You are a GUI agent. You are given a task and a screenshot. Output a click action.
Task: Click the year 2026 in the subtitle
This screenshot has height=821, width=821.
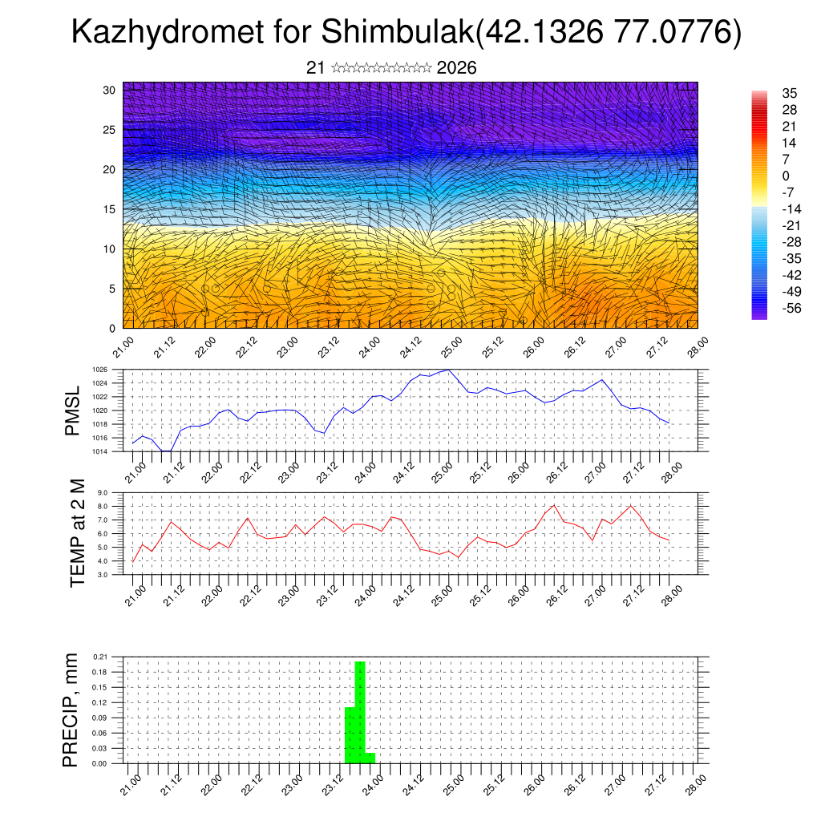(x=457, y=68)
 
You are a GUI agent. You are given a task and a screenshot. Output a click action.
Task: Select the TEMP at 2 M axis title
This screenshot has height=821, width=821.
(x=77, y=531)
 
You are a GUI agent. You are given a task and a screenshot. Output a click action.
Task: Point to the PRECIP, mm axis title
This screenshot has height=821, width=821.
(x=71, y=709)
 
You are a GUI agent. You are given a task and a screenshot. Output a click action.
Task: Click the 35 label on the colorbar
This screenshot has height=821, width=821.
(x=789, y=93)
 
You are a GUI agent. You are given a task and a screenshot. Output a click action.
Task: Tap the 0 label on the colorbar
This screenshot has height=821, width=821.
(x=786, y=176)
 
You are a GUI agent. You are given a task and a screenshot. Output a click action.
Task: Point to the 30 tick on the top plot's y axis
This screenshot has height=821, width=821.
(x=110, y=90)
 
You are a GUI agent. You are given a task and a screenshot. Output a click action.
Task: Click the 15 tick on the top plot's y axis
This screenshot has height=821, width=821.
(x=110, y=209)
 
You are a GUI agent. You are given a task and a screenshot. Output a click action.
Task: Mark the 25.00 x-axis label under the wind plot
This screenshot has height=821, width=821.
(x=450, y=346)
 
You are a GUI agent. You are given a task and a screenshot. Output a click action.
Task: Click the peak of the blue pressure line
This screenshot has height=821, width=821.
(x=448, y=370)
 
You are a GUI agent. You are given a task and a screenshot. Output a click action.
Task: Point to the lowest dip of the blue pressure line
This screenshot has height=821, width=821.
(x=166, y=451)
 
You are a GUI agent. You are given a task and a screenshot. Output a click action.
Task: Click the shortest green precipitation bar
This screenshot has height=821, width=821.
(x=370, y=758)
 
